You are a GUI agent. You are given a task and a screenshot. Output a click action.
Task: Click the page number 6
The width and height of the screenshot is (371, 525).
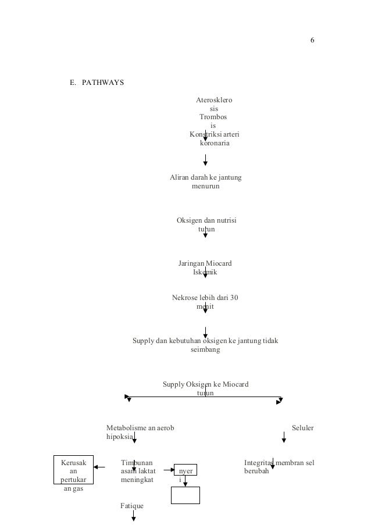click(312, 40)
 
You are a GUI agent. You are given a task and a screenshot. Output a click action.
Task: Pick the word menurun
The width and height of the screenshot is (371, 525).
click(205, 187)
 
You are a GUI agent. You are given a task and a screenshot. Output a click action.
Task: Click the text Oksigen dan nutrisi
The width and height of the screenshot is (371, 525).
click(206, 221)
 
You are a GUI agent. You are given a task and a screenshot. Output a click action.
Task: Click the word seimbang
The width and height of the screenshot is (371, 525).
click(205, 350)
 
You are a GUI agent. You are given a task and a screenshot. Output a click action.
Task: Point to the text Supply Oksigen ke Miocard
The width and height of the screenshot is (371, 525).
click(205, 384)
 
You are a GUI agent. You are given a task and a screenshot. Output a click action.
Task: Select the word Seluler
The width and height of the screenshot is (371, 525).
click(302, 428)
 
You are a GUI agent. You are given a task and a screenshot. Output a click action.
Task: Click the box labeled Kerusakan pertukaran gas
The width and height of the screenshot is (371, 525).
click(73, 476)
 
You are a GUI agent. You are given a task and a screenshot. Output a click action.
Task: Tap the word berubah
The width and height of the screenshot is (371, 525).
click(256, 472)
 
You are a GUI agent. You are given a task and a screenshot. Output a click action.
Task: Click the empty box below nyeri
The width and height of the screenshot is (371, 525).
click(185, 495)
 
